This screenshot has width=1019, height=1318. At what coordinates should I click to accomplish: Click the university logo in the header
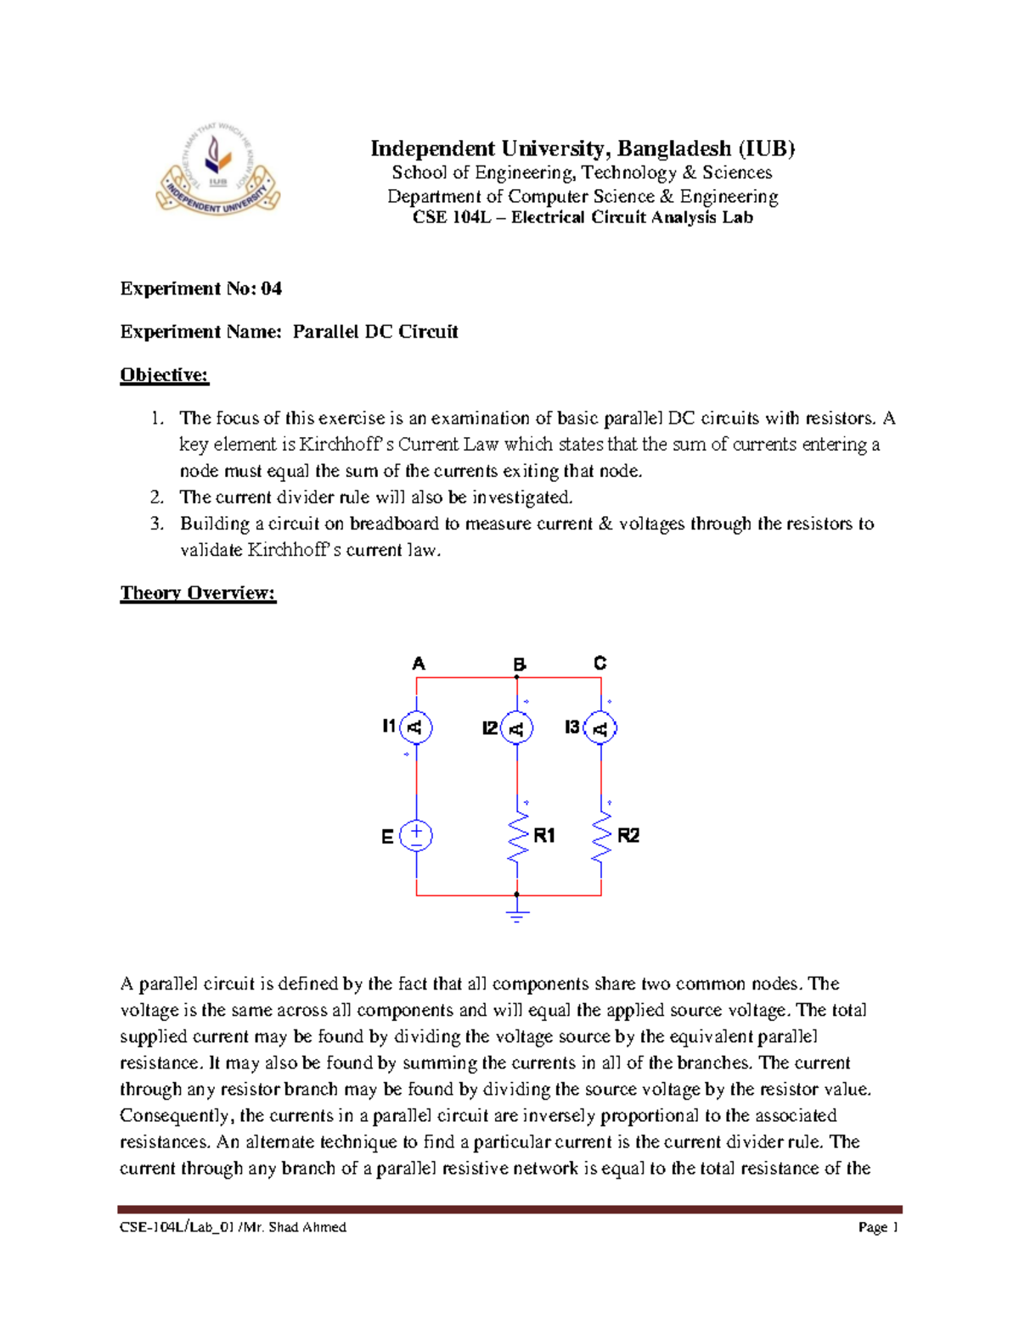point(218,170)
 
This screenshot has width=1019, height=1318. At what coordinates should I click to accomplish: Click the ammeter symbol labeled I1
point(416,727)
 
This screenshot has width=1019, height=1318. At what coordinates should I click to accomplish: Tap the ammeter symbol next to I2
point(516,728)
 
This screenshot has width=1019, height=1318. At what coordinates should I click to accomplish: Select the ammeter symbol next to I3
point(600,728)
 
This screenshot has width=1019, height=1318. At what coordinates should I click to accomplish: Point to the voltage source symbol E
point(416,836)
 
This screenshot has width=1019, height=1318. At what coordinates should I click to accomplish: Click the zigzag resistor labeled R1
point(517,837)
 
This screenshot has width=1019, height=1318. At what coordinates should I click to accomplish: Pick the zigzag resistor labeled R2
point(601,837)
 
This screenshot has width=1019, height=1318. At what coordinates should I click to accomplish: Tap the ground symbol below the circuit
point(516,914)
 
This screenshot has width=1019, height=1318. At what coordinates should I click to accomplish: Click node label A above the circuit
point(418,664)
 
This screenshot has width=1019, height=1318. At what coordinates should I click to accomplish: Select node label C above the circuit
point(600,663)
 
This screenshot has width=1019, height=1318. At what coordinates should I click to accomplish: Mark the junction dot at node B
point(517,677)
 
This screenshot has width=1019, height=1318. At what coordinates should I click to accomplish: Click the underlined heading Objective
point(164,375)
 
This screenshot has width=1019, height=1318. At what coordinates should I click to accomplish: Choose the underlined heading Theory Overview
point(198,593)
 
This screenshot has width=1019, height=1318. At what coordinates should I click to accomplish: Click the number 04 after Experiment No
point(271,289)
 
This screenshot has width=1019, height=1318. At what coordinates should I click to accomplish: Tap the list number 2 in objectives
point(156,497)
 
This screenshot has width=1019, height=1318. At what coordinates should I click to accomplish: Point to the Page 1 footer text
point(878,1227)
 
